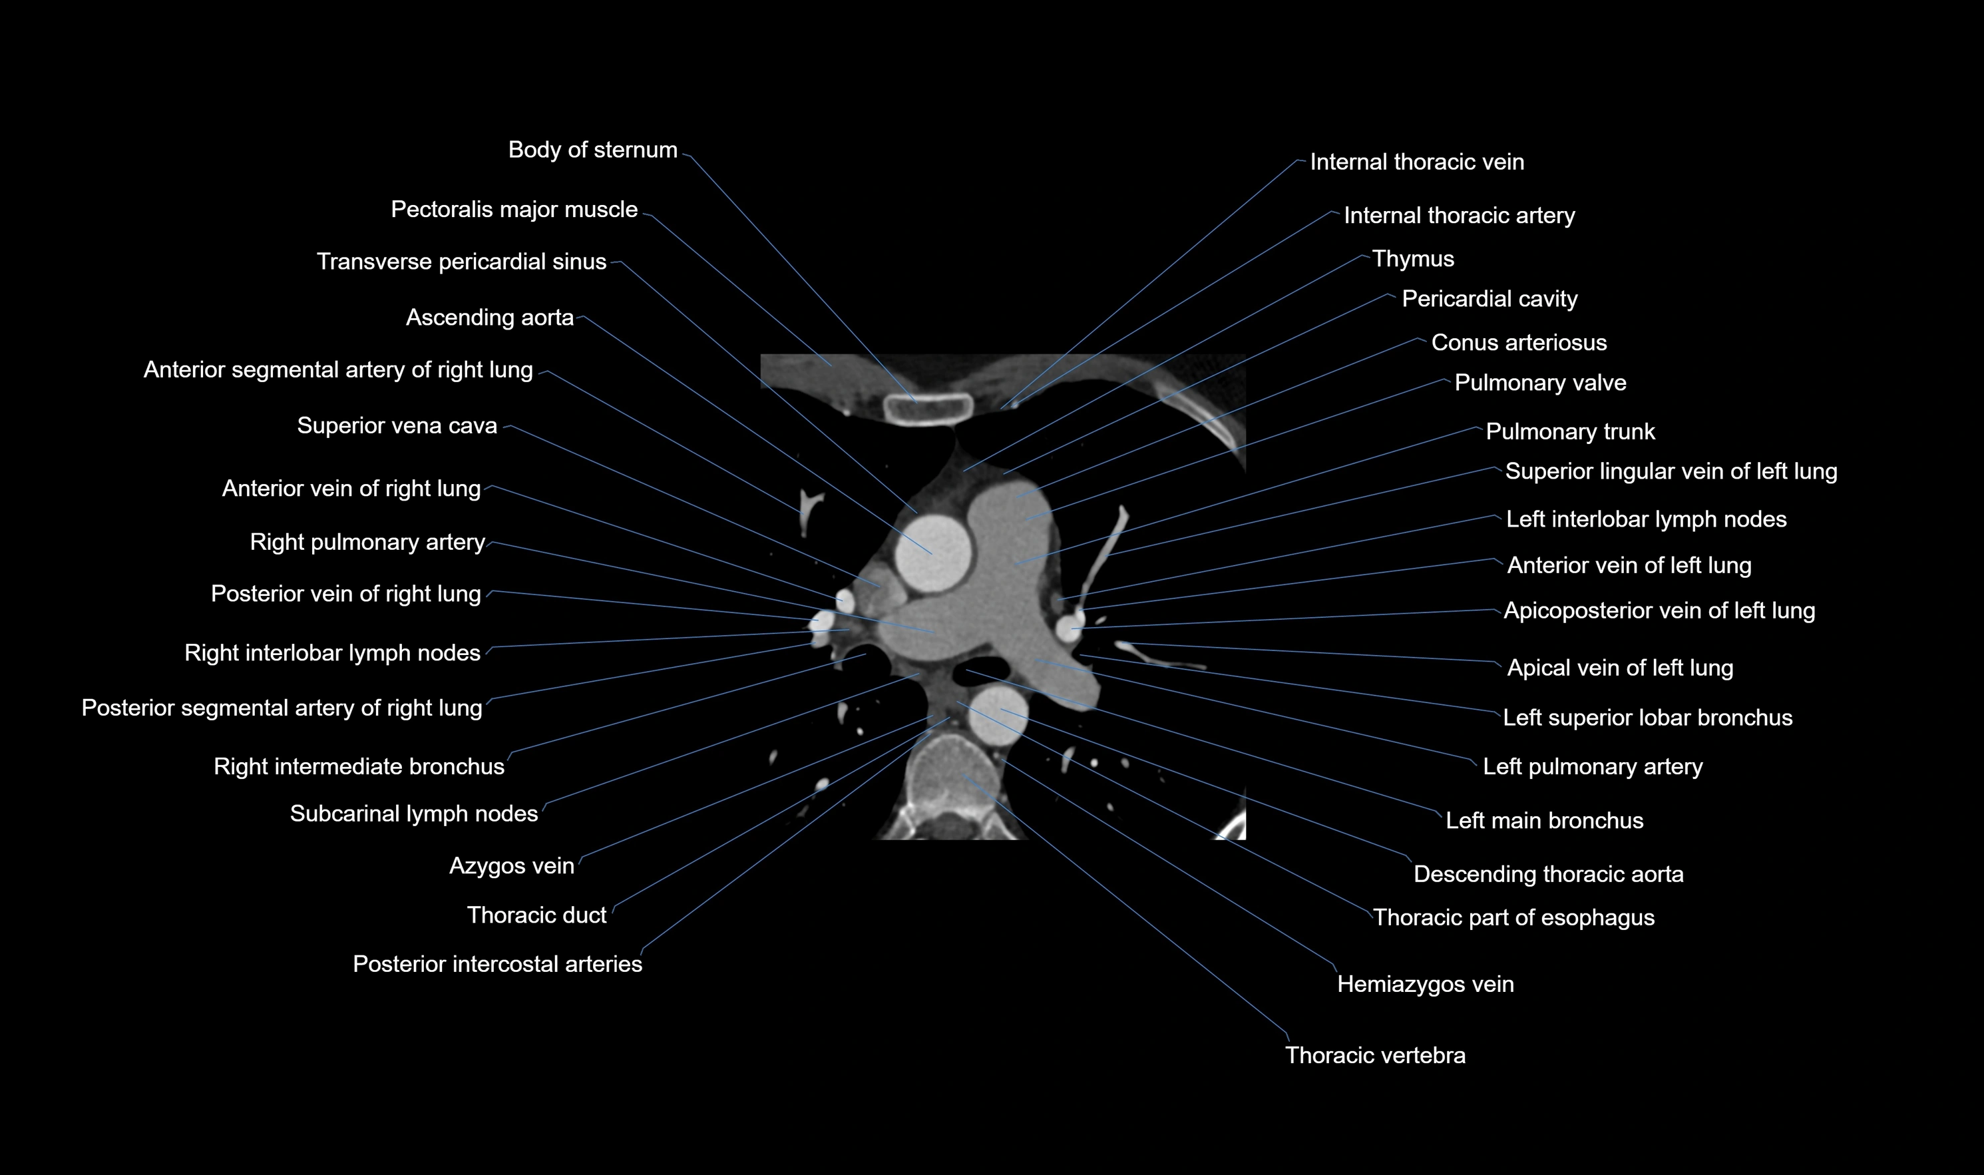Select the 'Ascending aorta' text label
tap(489, 318)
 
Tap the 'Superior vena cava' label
tap(397, 426)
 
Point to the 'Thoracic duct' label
tap(536, 915)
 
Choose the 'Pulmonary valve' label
tap(1540, 383)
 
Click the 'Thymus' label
tap(1412, 259)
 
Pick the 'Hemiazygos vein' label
tap(1424, 984)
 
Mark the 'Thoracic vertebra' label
tap(1374, 1055)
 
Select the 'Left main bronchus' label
tap(1544, 820)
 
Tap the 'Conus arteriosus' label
tap(1519, 343)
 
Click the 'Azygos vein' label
tap(511, 866)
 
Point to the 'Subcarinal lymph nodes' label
tap(413, 814)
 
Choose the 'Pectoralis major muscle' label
tap(514, 210)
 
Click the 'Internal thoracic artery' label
tap(1458, 216)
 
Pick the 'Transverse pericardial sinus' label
tap(461, 262)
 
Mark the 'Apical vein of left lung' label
tap(1619, 668)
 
